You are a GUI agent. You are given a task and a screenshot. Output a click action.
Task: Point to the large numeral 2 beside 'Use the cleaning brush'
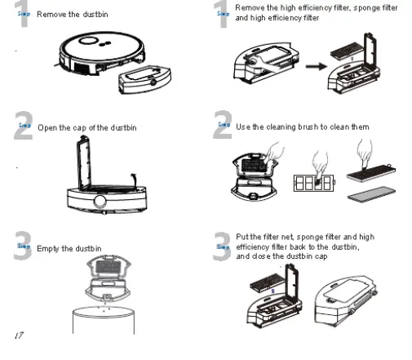[x=221, y=127]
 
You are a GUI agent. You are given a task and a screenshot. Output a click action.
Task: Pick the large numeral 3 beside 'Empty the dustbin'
[x=24, y=246]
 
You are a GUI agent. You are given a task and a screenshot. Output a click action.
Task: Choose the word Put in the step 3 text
[x=242, y=237]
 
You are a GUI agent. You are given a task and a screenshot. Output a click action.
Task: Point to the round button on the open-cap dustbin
[x=100, y=201]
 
